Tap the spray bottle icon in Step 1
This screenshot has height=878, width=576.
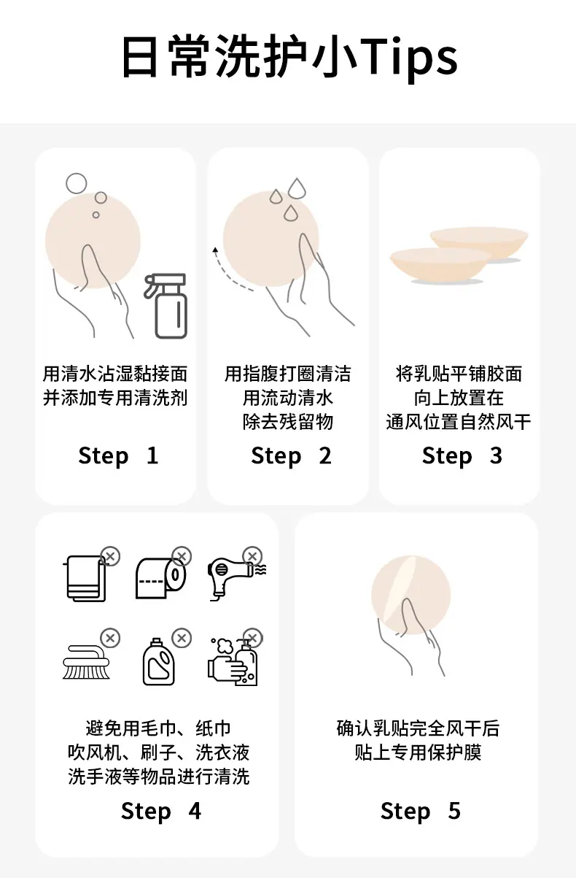pos(166,306)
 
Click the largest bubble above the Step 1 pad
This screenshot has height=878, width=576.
pos(76,183)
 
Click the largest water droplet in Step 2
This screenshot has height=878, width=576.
pos(297,188)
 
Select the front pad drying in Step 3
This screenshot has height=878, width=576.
pos(440,265)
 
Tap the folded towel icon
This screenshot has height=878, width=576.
pos(86,578)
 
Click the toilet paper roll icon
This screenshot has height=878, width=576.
pos(160,578)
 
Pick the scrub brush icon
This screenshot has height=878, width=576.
pos(87,663)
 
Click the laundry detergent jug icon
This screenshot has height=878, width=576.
pos(158,662)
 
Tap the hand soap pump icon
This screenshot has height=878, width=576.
pos(233,663)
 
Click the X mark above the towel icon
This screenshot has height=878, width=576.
pos(110,556)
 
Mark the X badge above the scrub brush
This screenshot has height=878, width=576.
pos(110,638)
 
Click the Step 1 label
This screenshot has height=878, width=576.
pos(118,456)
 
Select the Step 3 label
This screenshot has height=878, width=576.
pos(462,456)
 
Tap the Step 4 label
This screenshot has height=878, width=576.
pos(161,812)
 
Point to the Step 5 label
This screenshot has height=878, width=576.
pos(421,812)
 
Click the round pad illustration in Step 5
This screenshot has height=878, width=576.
pos(410,595)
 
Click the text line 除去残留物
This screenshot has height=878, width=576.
pos(288,422)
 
